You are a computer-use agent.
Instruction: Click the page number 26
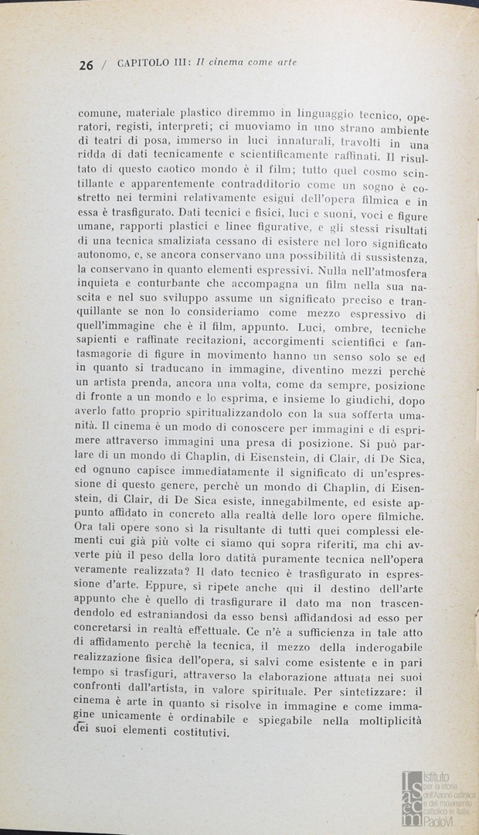86,65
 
